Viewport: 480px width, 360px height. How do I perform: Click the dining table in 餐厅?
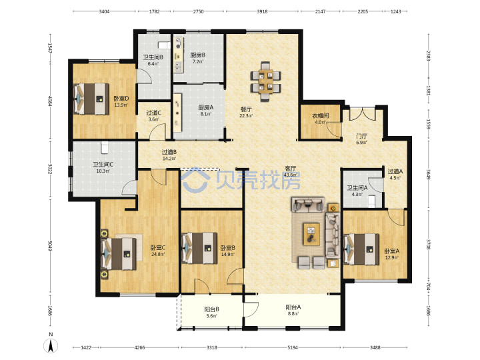[x=265, y=81]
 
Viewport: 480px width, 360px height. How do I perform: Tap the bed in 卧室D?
[x=91, y=99]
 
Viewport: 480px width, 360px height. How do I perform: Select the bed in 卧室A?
[x=361, y=249]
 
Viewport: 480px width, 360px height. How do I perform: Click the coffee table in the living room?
[x=311, y=234]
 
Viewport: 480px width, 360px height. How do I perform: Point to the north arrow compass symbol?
[x=51, y=345]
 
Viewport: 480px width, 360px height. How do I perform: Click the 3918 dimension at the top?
[x=262, y=11]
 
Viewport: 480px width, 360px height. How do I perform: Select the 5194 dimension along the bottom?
[x=293, y=347]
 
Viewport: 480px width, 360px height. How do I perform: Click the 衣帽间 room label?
[x=321, y=115]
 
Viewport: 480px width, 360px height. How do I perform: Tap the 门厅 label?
[x=361, y=136]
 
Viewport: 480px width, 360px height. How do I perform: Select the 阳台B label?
[x=211, y=309]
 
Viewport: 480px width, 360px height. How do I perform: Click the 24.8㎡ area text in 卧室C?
[x=158, y=254]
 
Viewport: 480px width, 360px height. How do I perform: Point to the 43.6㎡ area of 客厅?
[x=290, y=175]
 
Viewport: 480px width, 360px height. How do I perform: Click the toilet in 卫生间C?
[x=105, y=147]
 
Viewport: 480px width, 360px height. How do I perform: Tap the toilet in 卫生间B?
[x=164, y=45]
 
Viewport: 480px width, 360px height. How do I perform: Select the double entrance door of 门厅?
[x=362, y=113]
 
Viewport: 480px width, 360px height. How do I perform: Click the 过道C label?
[x=154, y=113]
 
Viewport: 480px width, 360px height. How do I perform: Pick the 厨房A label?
[x=206, y=107]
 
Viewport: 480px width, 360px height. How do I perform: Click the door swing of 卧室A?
[x=397, y=217]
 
